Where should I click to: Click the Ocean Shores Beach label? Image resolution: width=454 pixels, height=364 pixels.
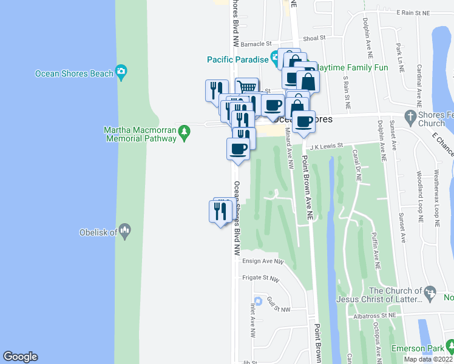point(74,73)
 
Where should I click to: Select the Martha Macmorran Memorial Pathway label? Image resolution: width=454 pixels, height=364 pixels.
point(140,134)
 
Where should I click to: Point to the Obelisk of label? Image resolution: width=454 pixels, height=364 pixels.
point(98,232)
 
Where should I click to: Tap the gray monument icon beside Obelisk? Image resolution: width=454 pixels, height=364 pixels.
point(124,231)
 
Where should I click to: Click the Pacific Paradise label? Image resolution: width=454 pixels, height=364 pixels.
point(237,59)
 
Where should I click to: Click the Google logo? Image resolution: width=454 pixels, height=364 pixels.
point(20,357)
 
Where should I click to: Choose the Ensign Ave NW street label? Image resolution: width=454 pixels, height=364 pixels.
point(263,261)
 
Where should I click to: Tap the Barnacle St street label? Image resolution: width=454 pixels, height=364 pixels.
point(256,44)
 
